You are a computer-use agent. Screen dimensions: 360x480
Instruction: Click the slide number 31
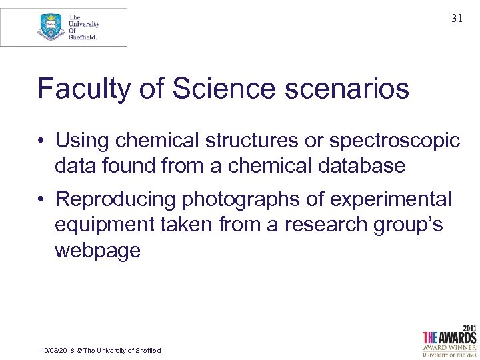[457, 19]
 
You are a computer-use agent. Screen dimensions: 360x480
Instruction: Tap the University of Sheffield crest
[51, 27]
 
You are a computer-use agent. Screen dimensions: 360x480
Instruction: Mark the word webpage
[97, 250]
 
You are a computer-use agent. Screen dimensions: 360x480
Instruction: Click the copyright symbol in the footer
[78, 351]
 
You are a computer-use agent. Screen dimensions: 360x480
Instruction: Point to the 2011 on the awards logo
[468, 328]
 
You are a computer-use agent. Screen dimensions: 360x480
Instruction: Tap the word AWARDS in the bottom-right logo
[457, 337]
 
